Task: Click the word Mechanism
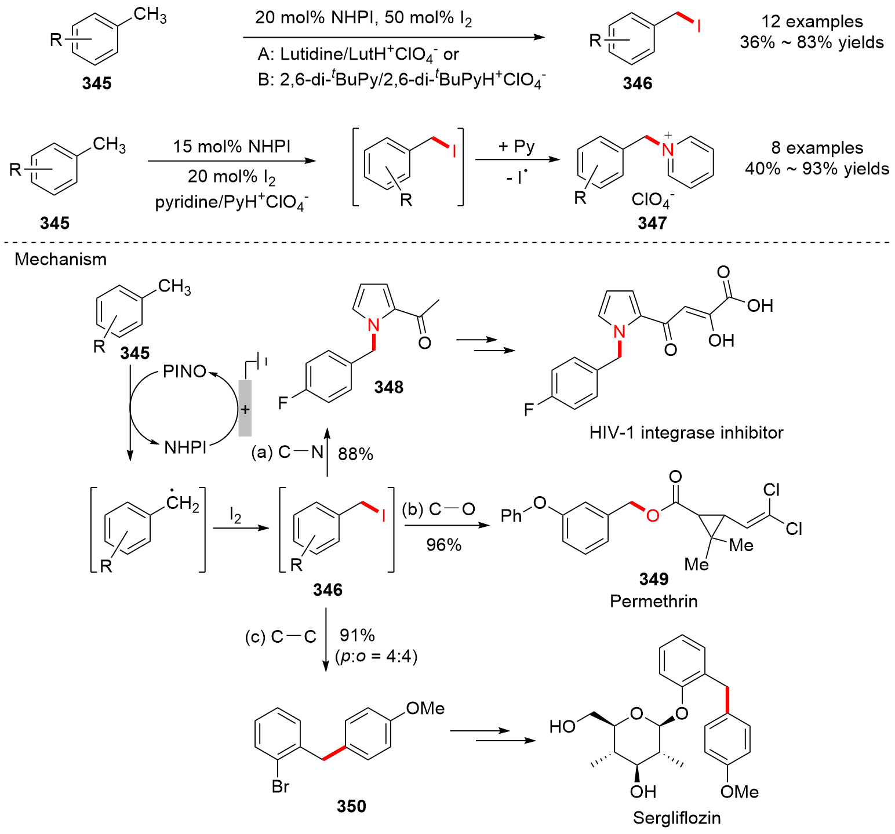61,259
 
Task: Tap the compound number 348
388,387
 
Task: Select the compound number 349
653,578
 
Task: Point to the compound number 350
351,806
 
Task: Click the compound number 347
652,223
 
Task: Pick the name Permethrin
653,601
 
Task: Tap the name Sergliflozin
676,818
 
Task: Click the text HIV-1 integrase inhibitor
686,432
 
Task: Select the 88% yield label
355,454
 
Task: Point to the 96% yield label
443,545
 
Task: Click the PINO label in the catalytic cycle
185,371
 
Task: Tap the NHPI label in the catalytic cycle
185,447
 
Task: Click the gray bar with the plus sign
245,409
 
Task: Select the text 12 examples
812,21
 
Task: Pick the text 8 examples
817,148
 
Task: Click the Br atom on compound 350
280,786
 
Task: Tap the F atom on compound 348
283,403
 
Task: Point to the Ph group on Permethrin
511,515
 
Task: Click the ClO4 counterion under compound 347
652,200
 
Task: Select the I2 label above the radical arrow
235,515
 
